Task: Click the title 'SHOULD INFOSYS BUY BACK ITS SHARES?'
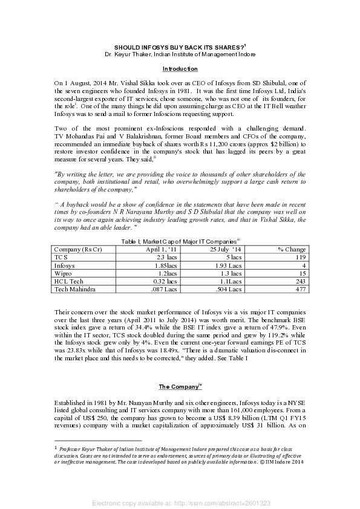[179, 47]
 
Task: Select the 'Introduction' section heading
[180, 69]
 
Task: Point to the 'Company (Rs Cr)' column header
[77, 249]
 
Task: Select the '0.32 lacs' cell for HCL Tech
[164, 282]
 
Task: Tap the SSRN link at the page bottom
[180, 503]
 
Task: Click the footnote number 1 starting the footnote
[56, 448]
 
